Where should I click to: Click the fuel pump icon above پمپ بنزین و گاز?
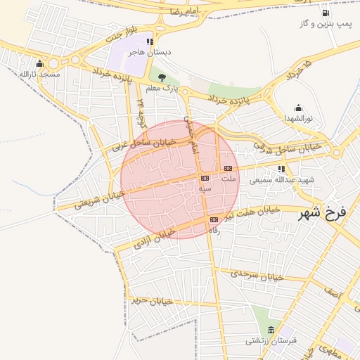(325, 13)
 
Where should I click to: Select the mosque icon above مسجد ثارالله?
(39, 64)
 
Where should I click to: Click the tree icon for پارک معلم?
(162, 77)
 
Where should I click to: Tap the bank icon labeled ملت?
(228, 169)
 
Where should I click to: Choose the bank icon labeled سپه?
(205, 178)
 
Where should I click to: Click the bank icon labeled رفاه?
(214, 220)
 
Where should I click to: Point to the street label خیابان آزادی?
(155, 238)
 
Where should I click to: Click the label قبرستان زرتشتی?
(271, 341)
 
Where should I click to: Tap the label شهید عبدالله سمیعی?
(286, 180)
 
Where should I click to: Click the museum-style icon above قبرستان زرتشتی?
(271, 330)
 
